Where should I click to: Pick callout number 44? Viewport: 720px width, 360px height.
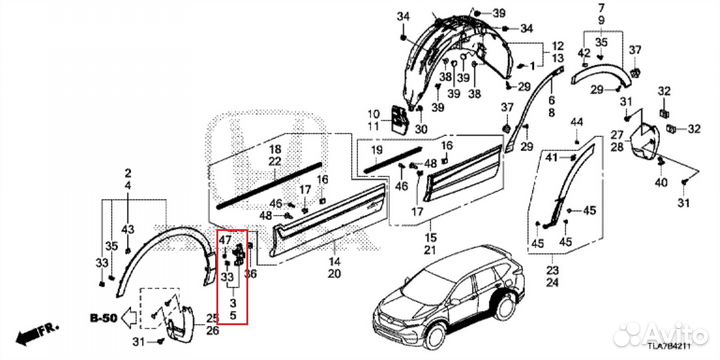(x=576, y=122)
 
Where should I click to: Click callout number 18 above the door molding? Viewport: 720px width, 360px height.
(x=274, y=149)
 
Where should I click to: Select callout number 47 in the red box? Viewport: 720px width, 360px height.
(x=226, y=240)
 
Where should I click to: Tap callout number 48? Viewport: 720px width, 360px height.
(x=265, y=216)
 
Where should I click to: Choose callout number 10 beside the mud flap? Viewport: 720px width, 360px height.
(x=373, y=113)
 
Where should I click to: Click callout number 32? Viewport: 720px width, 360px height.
(x=664, y=91)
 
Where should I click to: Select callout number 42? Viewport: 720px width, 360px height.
(x=582, y=52)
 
